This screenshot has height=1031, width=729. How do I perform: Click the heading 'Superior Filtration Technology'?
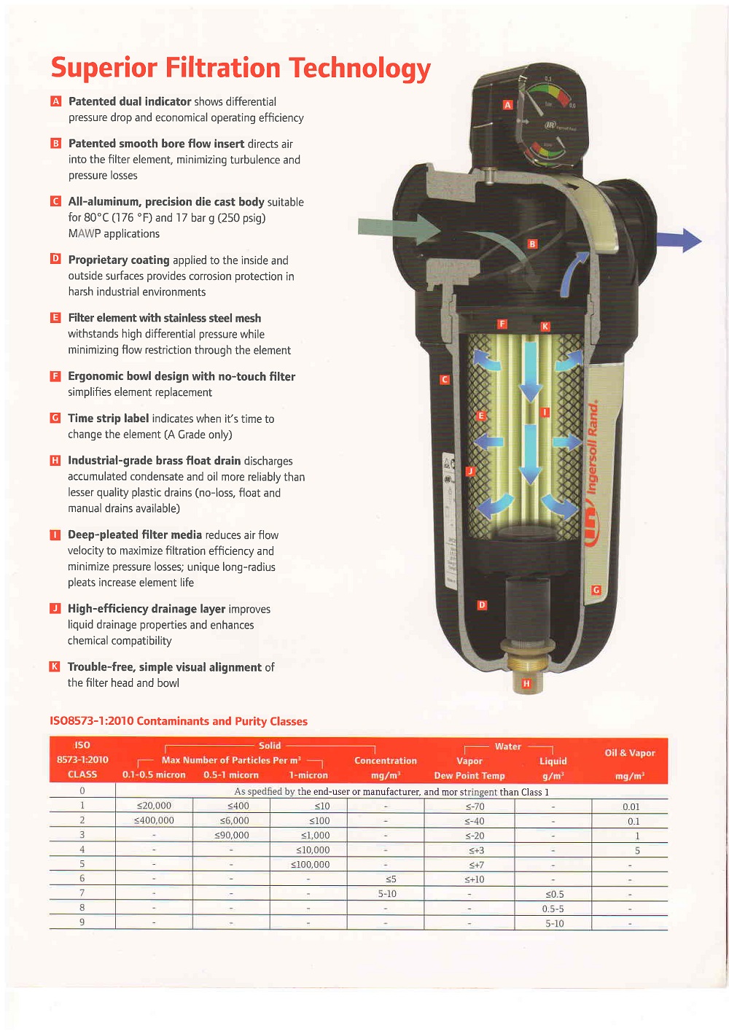click(241, 68)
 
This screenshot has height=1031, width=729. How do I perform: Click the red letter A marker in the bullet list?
click(55, 101)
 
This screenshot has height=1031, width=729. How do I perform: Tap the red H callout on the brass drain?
click(526, 683)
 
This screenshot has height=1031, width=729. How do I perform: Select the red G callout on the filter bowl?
click(596, 590)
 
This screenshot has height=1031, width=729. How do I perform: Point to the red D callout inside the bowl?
click(482, 605)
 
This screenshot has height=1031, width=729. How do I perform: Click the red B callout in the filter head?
click(532, 244)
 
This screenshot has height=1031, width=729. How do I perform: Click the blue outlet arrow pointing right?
click(679, 240)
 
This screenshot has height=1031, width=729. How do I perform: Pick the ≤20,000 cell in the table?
click(154, 806)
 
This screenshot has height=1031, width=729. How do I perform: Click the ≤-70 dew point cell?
click(475, 806)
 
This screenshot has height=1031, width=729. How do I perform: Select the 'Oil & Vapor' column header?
click(630, 753)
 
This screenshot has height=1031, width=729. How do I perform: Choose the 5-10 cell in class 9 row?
click(554, 923)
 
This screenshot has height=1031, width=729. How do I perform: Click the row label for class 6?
click(82, 879)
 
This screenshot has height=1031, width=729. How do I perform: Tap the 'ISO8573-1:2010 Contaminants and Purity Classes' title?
click(179, 721)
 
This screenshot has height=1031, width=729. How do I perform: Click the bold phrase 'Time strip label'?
click(108, 419)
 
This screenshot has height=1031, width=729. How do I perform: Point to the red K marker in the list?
click(55, 666)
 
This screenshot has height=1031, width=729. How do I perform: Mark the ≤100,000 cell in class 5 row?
click(310, 864)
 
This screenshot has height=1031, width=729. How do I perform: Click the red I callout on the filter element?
click(545, 413)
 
